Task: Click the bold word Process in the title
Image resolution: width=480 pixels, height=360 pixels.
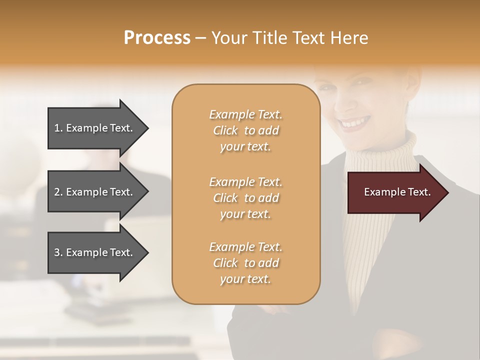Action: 157,38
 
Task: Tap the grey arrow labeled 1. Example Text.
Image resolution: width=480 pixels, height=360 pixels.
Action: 95,128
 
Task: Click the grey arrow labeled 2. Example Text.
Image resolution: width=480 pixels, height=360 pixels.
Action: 95,192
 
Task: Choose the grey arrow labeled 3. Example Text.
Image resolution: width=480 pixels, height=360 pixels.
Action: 95,252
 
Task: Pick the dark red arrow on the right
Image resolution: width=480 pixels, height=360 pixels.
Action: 395,192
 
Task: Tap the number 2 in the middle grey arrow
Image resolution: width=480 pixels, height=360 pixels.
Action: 57,192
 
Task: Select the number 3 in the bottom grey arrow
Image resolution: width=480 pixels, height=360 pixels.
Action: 57,252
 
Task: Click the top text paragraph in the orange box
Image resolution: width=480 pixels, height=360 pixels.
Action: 245,130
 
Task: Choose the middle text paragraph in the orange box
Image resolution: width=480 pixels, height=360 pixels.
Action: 245,198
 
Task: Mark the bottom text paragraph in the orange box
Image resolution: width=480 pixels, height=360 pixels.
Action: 245,263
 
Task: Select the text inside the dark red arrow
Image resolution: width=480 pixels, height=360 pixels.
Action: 397,192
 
